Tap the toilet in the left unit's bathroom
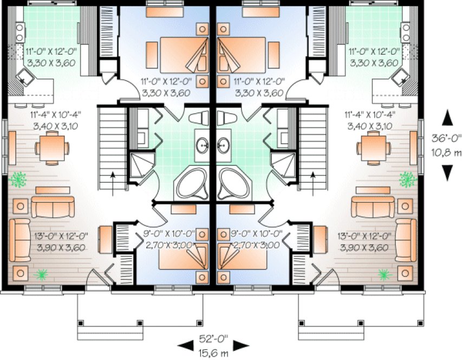point(201,118)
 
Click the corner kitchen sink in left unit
point(27,80)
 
